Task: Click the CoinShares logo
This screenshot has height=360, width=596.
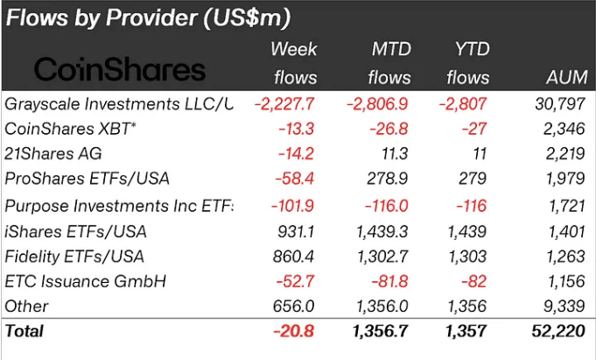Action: pos(119,70)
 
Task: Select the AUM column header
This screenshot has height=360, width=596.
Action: pos(562,78)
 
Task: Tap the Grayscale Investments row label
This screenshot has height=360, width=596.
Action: pos(119,104)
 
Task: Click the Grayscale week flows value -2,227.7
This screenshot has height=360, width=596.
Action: pos(284,104)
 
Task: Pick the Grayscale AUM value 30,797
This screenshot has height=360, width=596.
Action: pos(558,104)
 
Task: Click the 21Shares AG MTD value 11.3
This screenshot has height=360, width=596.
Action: pos(393,155)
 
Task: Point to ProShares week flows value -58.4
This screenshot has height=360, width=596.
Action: pos(295,180)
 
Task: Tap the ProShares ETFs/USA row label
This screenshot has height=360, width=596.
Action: pos(88,180)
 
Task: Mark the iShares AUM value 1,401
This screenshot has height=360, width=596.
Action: pos(563,231)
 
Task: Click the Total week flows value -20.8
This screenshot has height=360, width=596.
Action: pos(295,331)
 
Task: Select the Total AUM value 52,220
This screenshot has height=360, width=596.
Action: pos(557,331)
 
